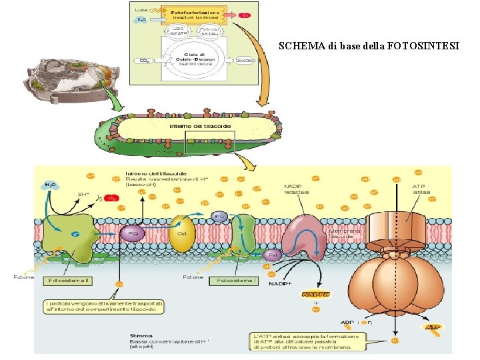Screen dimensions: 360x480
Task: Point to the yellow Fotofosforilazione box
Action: pyautogui.click(x=197, y=14)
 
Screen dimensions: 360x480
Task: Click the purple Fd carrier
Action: pyautogui.click(x=271, y=255)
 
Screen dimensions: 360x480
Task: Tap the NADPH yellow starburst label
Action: pyautogui.click(x=315, y=293)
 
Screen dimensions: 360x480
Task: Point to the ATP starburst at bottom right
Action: pyautogui.click(x=433, y=327)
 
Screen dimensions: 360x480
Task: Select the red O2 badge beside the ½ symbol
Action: pyautogui.click(x=113, y=198)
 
